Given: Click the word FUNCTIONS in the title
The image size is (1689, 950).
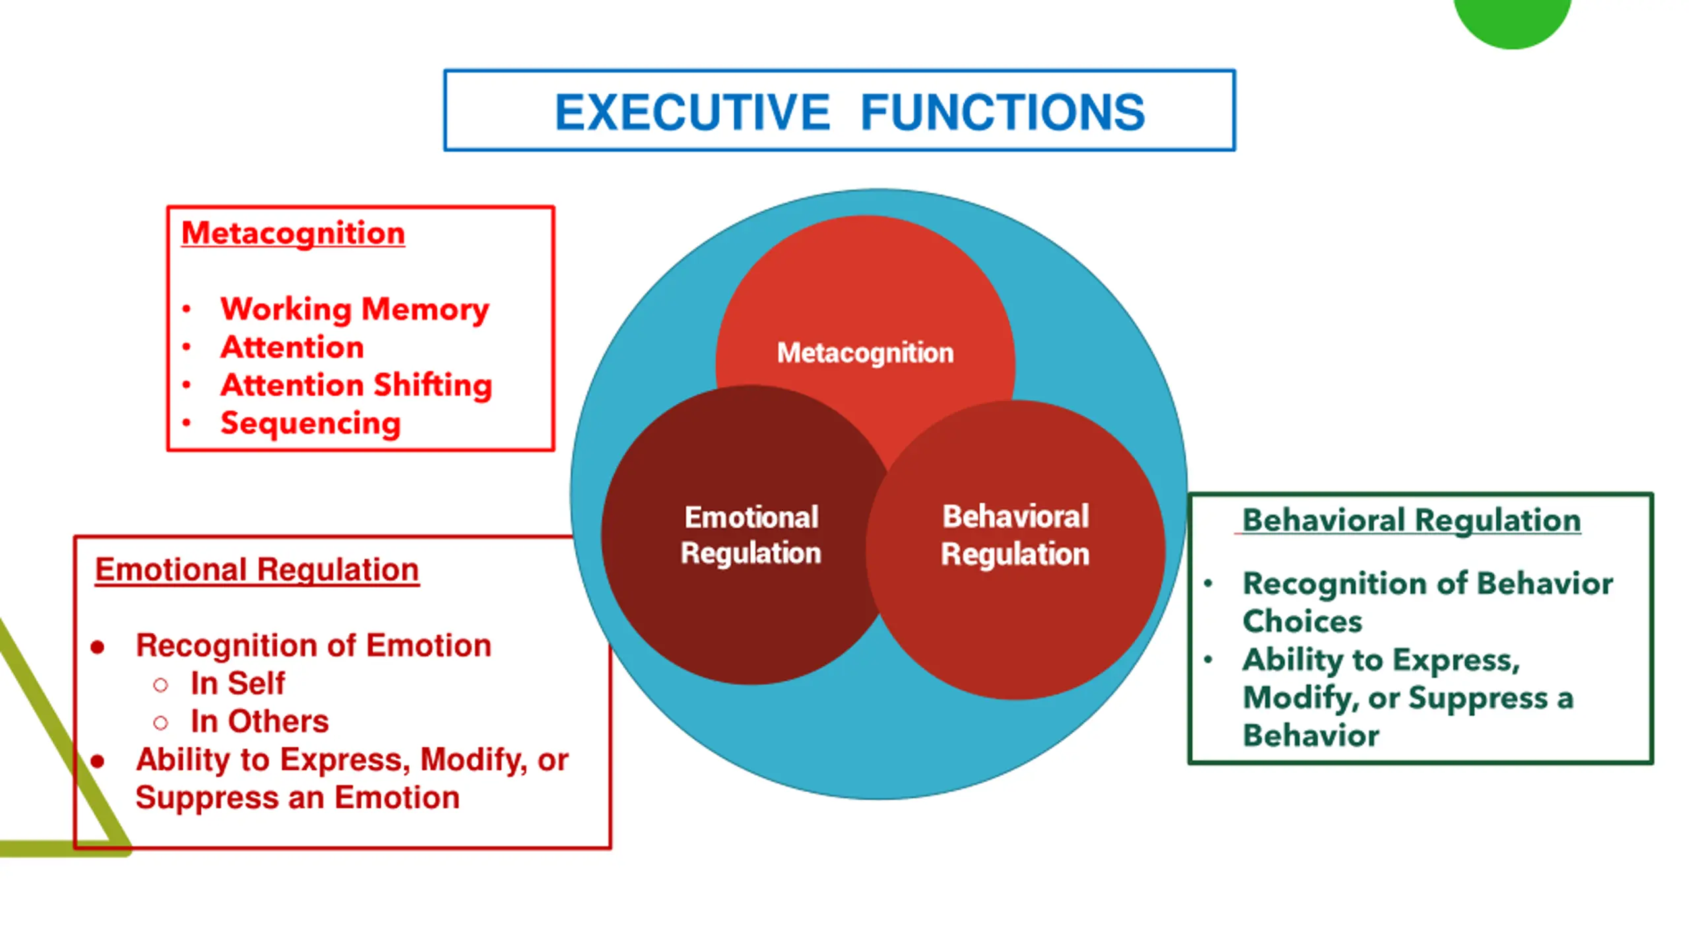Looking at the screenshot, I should pos(1002,112).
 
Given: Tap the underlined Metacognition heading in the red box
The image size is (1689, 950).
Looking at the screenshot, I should pos(293,234).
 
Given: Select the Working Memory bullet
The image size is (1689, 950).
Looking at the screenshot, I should pos(354,309).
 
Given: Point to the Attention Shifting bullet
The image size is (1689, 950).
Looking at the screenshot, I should pos(356,385).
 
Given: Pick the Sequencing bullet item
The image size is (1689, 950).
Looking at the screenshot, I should pos(310,423).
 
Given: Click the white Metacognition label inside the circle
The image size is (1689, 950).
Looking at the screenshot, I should pos(865,353).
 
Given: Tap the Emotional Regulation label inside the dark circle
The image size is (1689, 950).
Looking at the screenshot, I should pos(751,535).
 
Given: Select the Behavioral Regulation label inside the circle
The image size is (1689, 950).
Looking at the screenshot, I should pos(1015,535).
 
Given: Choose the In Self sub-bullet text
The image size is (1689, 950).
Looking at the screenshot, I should pos(238,683).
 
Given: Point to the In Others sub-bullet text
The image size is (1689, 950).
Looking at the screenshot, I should pos(259,722).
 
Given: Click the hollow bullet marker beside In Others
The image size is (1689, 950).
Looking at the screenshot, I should pos(160,723).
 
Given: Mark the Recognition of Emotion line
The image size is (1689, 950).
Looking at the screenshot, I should pos(313,645).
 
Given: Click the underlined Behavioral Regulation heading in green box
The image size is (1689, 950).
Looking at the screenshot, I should pos(1411,521).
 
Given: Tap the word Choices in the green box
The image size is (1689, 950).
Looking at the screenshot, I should pos(1302,621).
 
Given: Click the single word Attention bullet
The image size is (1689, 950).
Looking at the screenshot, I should pos(292,347).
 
